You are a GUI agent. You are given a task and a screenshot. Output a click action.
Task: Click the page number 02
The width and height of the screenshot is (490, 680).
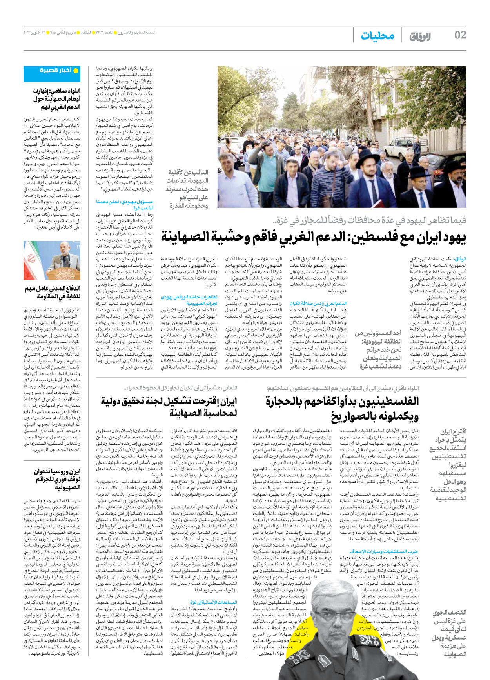click(460, 35)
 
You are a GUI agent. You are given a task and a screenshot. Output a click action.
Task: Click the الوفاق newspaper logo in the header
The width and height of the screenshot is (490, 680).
click(420, 37)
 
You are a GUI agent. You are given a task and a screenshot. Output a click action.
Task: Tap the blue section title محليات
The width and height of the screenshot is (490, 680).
click(377, 36)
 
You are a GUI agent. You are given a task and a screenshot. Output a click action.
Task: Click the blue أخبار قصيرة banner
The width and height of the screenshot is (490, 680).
click(57, 71)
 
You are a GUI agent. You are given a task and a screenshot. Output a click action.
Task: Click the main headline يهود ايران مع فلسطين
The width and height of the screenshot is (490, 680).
click(313, 237)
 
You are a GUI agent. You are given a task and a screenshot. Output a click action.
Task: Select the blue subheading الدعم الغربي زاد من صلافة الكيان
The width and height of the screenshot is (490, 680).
click(318, 303)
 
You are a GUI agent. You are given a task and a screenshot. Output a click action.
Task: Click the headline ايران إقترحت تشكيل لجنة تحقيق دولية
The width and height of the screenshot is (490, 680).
click(169, 407)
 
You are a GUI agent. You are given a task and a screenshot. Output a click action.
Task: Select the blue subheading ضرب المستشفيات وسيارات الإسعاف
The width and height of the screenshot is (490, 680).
click(384, 551)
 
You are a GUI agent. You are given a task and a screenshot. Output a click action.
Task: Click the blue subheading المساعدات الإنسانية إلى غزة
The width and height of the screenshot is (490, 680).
click(214, 602)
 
